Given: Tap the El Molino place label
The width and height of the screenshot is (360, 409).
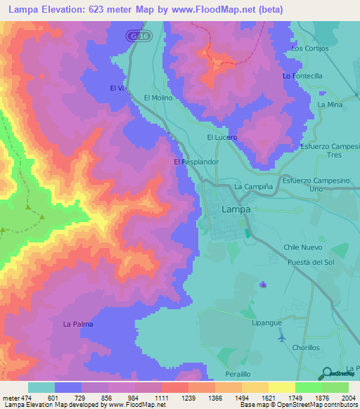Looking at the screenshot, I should (158, 98).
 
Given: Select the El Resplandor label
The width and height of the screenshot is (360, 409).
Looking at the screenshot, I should (196, 162).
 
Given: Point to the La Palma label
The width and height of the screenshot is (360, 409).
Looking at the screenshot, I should (77, 324).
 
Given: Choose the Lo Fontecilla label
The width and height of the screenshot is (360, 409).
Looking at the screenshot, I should (302, 75).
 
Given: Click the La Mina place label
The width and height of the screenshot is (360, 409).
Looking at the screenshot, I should (329, 104).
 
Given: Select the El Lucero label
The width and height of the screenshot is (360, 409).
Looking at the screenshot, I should (221, 137).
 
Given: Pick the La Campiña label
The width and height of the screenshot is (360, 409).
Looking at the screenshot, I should (252, 186).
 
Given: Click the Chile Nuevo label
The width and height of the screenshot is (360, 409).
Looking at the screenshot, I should (302, 247).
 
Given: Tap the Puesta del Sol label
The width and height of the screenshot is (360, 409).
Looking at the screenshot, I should (310, 261).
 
